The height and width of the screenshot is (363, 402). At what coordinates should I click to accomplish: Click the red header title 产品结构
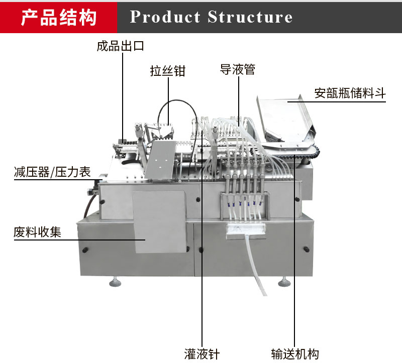tap(59, 18)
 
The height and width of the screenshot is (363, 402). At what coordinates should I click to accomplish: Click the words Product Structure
tap(211, 17)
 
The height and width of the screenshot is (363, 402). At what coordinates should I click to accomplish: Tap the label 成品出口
tap(121, 46)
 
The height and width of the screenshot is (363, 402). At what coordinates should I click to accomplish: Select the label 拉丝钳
tap(168, 71)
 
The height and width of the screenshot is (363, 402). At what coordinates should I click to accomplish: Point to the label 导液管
tap(238, 69)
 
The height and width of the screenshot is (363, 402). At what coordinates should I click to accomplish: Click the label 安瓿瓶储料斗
tap(350, 93)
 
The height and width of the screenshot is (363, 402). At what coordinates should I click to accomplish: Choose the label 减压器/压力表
tap(52, 172)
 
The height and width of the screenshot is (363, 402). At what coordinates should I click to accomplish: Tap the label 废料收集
tap(37, 232)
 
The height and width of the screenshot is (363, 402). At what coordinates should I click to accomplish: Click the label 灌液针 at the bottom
tap(202, 354)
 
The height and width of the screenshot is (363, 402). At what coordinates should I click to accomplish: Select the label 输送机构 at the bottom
tap(295, 354)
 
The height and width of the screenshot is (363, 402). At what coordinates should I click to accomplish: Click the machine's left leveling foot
tap(115, 282)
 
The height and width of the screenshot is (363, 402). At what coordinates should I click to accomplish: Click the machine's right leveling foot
tap(284, 282)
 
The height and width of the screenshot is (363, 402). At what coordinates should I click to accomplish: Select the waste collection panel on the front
tap(160, 222)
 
